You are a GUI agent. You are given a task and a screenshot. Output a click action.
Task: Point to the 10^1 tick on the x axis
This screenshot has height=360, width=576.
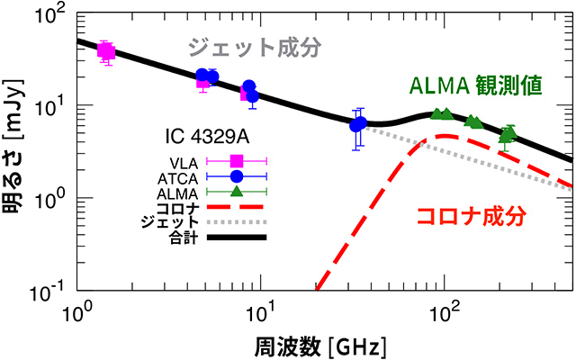(x=261, y=316)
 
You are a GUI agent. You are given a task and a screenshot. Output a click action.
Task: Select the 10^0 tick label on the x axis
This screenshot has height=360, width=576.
(x=78, y=316)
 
